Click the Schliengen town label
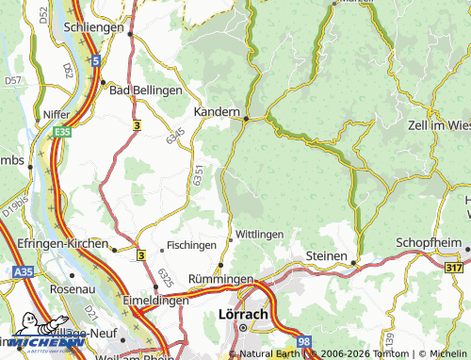(92, 28)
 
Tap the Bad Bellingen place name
(145, 90)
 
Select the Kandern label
(217, 111)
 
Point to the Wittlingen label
(259, 234)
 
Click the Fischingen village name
(191, 245)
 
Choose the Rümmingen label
(221, 280)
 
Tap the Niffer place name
(57, 113)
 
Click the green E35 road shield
(62, 133)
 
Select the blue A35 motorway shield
(24, 270)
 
